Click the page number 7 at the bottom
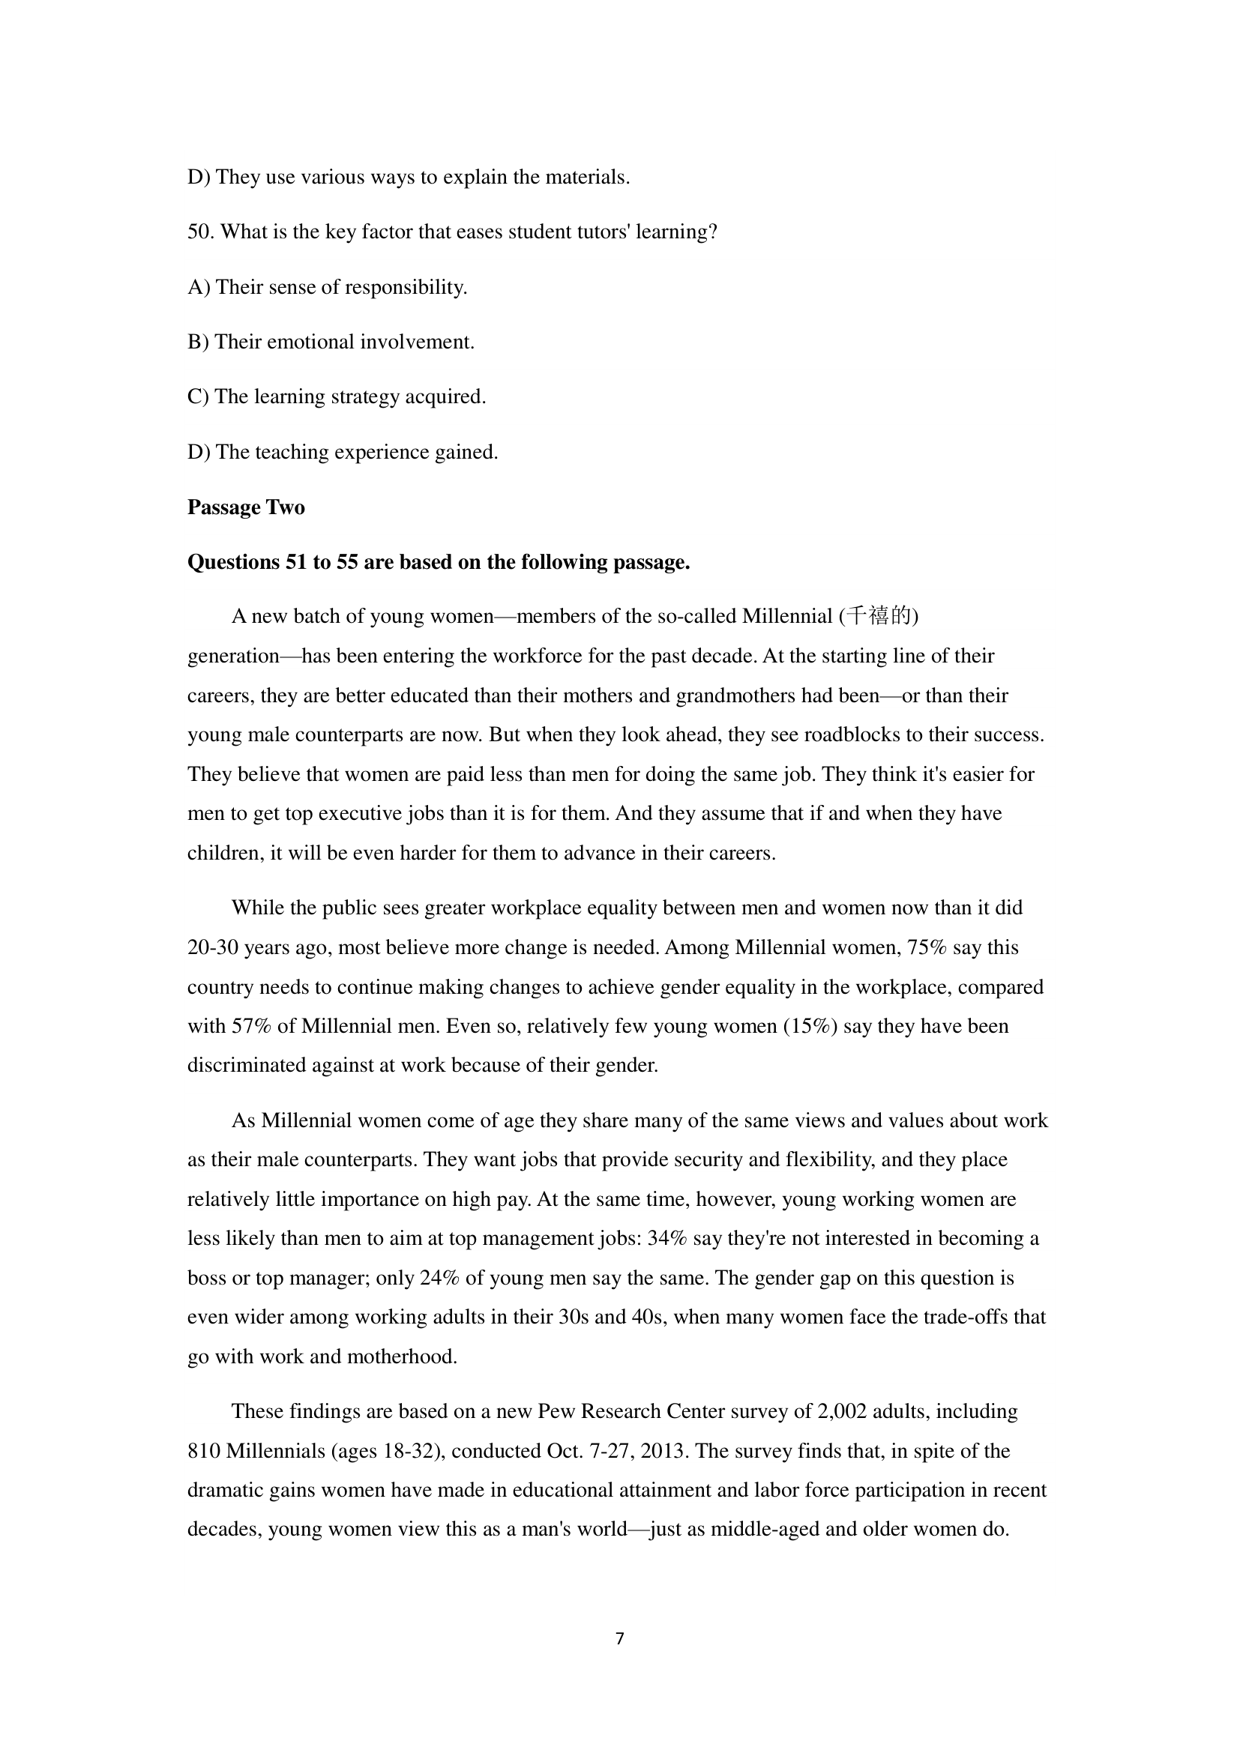[619, 1638]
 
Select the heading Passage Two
[246, 507]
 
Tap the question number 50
[200, 232]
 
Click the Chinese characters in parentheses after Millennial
[879, 615]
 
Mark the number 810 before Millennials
[204, 1451]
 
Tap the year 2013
[661, 1451]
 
